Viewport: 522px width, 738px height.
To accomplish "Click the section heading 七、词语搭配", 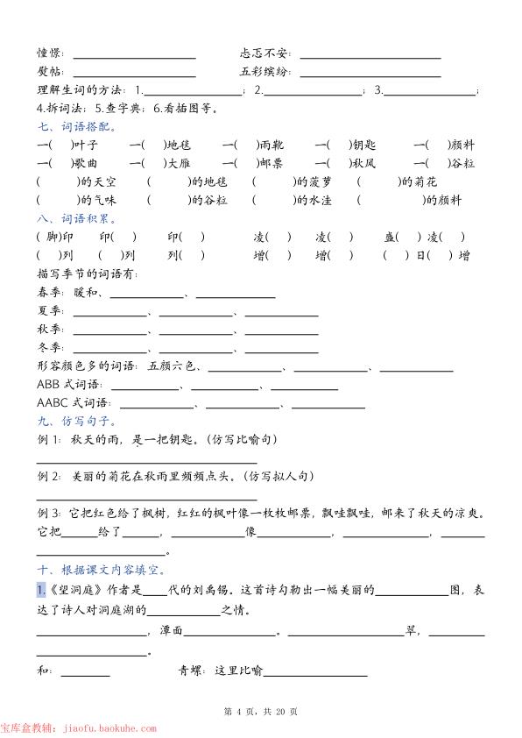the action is coord(67,127).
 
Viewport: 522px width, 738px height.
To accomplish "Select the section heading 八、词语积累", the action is coord(67,218).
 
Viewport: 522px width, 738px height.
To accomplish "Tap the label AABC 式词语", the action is coord(74,403).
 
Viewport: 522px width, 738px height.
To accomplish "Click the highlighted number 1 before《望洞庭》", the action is coord(40,590).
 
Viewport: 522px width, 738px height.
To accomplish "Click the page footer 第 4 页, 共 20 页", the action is coord(261,711).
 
